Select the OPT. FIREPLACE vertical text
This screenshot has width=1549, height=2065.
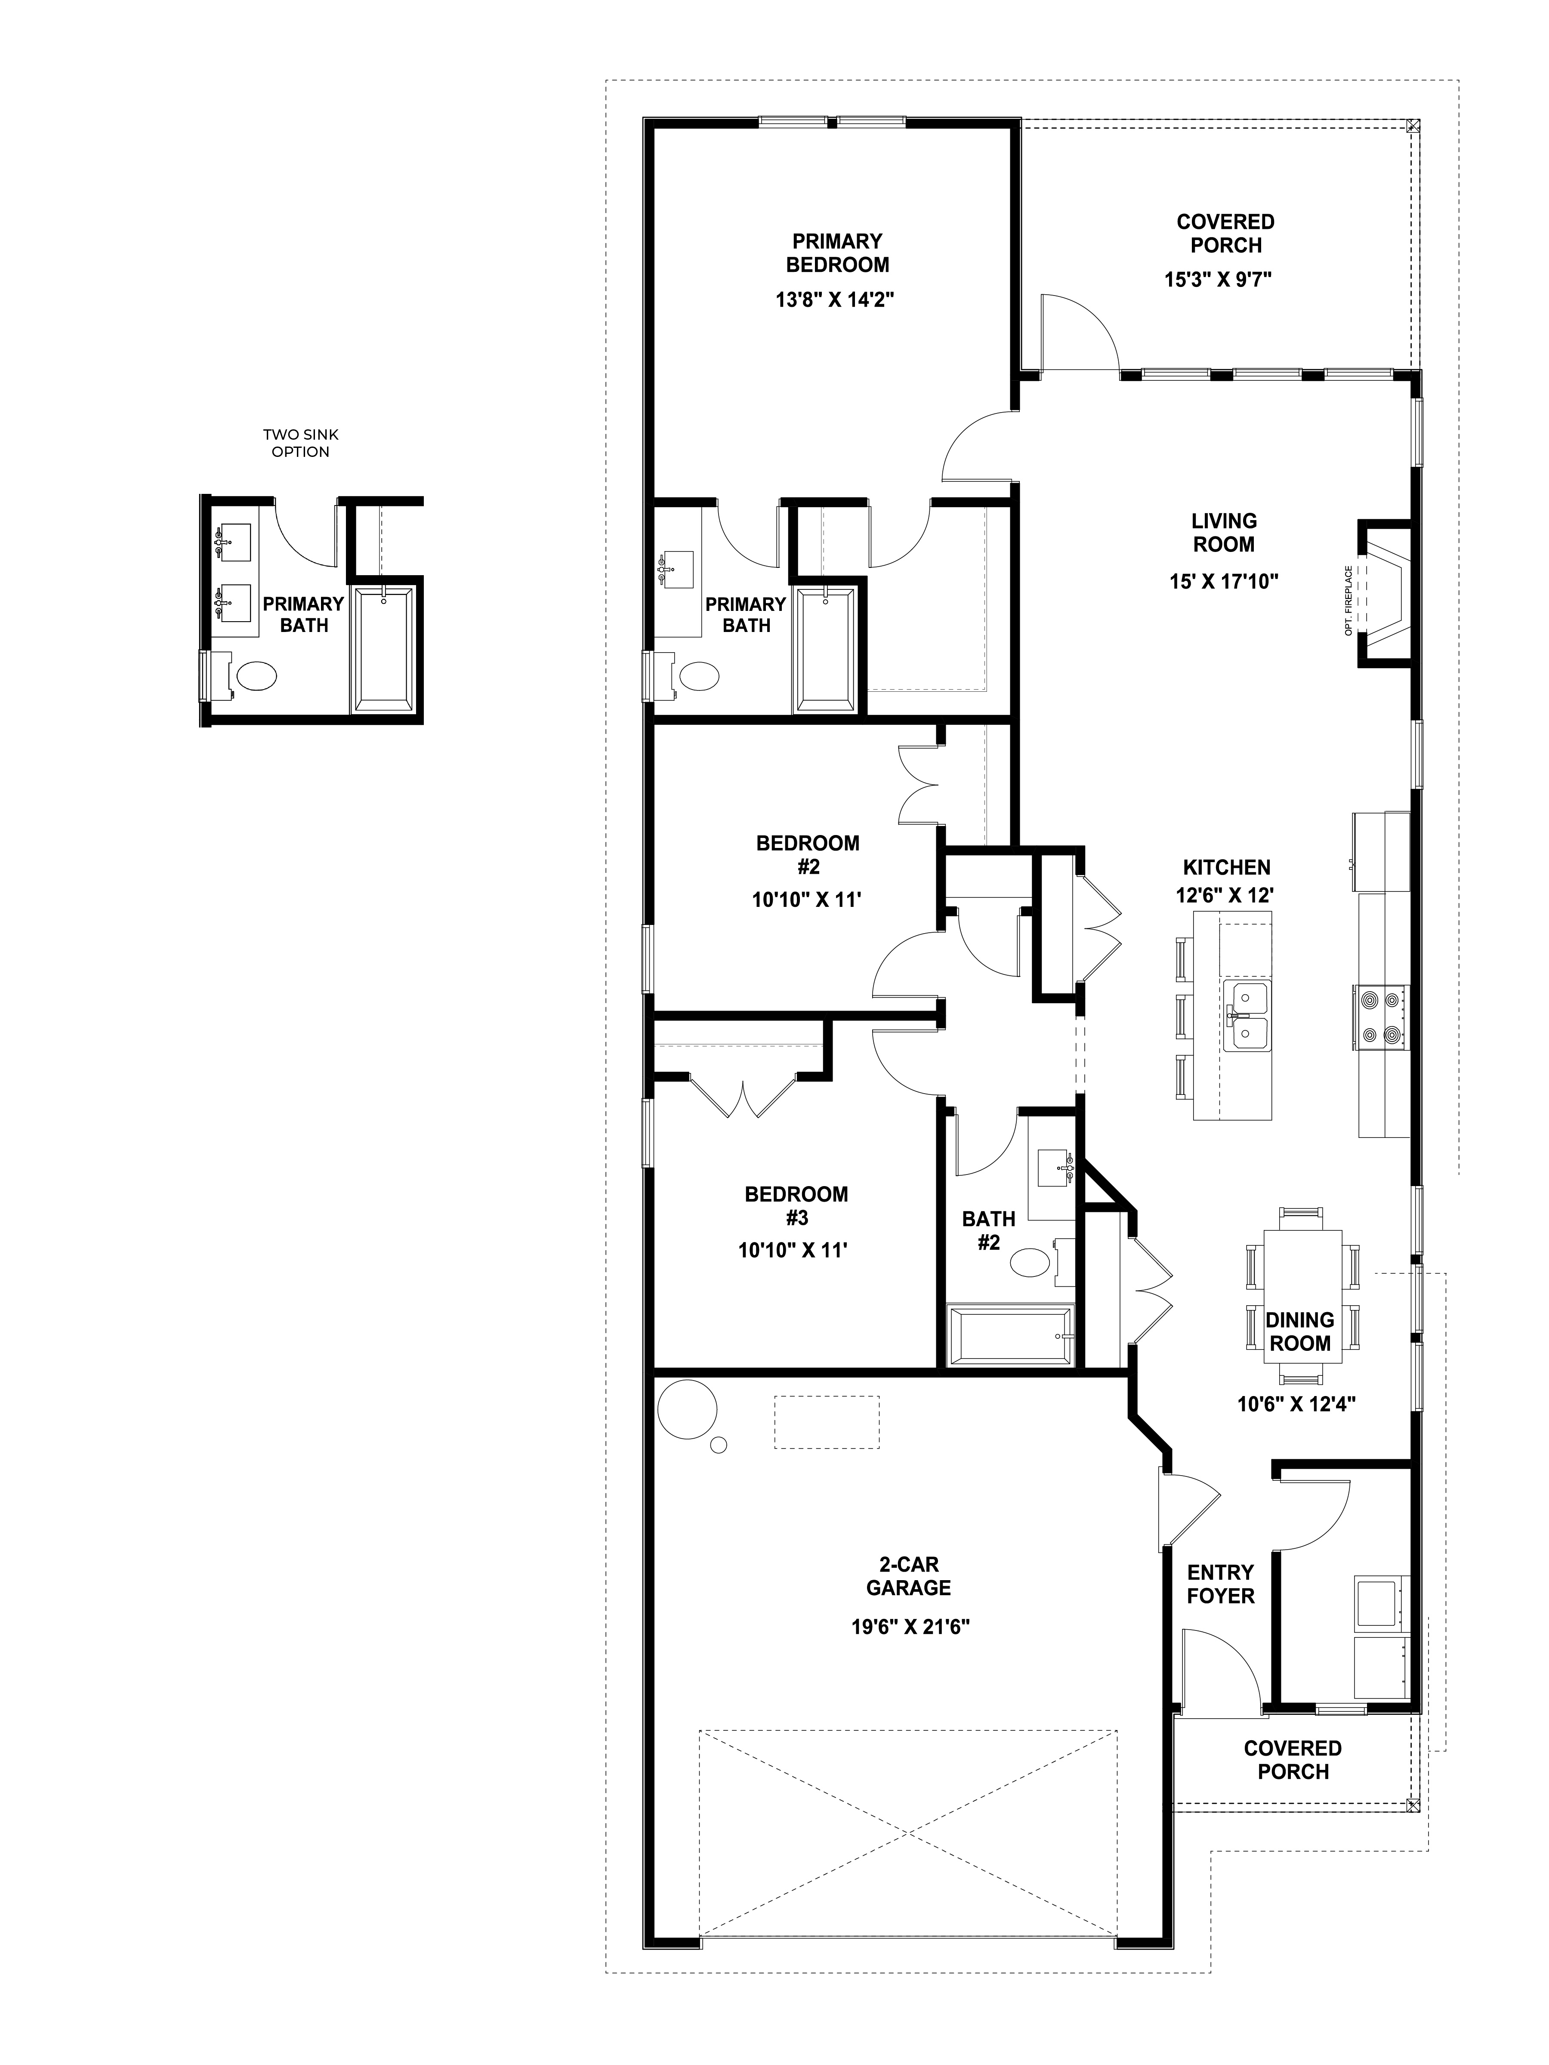coord(1348,600)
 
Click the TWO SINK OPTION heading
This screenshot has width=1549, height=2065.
coord(301,444)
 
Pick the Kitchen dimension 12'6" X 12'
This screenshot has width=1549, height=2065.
coord(1224,894)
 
